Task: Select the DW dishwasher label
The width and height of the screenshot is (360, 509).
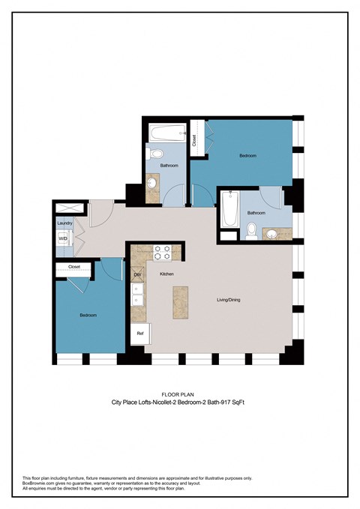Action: click(x=137, y=274)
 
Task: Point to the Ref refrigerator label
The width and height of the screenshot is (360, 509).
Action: click(x=139, y=333)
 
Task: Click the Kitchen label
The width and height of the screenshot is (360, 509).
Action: click(x=166, y=274)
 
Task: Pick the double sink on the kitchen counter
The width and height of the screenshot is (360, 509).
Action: click(x=138, y=298)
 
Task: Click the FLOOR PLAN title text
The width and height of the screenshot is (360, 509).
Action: click(x=179, y=394)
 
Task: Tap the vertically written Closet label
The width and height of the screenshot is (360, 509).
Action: click(x=194, y=139)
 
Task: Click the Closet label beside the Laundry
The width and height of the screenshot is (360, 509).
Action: click(x=73, y=266)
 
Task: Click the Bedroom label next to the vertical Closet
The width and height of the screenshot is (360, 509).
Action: click(x=247, y=155)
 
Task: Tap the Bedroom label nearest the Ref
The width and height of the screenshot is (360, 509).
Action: click(x=88, y=316)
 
